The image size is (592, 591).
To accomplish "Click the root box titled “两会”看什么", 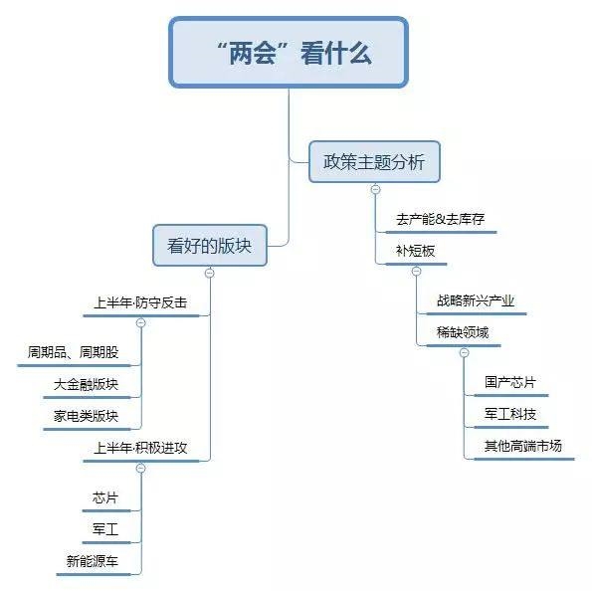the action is click(289, 53).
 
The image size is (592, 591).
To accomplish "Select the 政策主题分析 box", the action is click(374, 161).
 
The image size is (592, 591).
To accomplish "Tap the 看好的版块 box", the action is click(210, 246).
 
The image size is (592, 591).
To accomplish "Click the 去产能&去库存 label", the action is click(440, 219).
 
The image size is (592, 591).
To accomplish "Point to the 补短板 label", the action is click(415, 251).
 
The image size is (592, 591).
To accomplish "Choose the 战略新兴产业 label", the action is click(476, 301).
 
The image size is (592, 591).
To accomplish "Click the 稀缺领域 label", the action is click(463, 332).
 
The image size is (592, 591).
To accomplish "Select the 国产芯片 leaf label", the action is click(510, 382).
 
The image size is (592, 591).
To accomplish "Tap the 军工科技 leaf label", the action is click(510, 414).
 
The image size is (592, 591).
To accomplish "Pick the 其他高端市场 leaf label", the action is click(523, 446).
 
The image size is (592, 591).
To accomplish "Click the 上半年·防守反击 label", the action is click(140, 302).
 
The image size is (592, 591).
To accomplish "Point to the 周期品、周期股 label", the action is click(74, 352).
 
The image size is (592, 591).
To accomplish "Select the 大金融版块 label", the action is click(87, 384).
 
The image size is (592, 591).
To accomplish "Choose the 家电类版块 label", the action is click(87, 416).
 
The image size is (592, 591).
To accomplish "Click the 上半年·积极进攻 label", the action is click(140, 448).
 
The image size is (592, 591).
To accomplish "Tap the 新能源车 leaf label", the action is click(93, 561).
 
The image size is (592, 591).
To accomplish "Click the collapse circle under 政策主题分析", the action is click(376, 190).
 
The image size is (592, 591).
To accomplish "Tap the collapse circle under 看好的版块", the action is click(210, 273).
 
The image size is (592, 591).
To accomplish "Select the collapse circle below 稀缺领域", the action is click(465, 353).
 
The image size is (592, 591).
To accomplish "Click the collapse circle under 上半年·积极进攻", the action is click(141, 469).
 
